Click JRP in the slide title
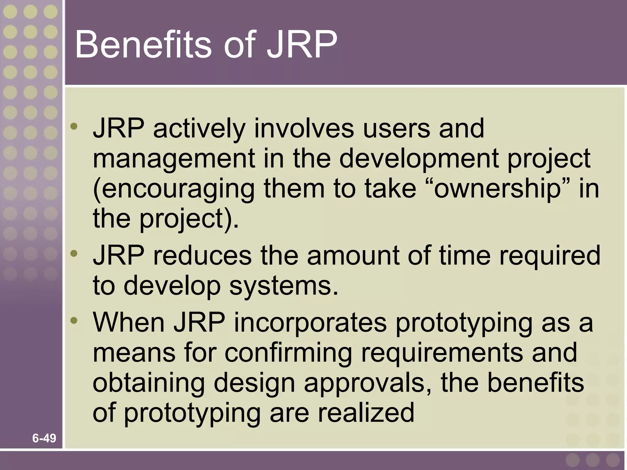pos(302,45)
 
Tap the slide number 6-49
pos(44,438)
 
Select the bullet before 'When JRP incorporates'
pos(74,320)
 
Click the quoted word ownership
pos(497,188)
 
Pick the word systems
pos(283,286)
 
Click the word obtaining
pos(148,383)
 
